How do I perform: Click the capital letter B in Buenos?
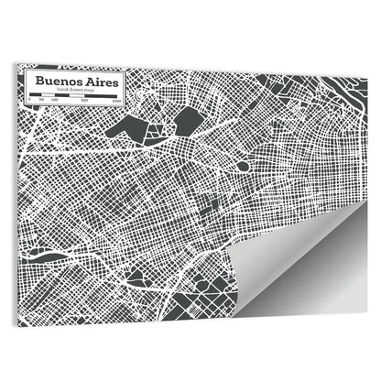[38, 81]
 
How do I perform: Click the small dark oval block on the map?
[242, 167]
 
